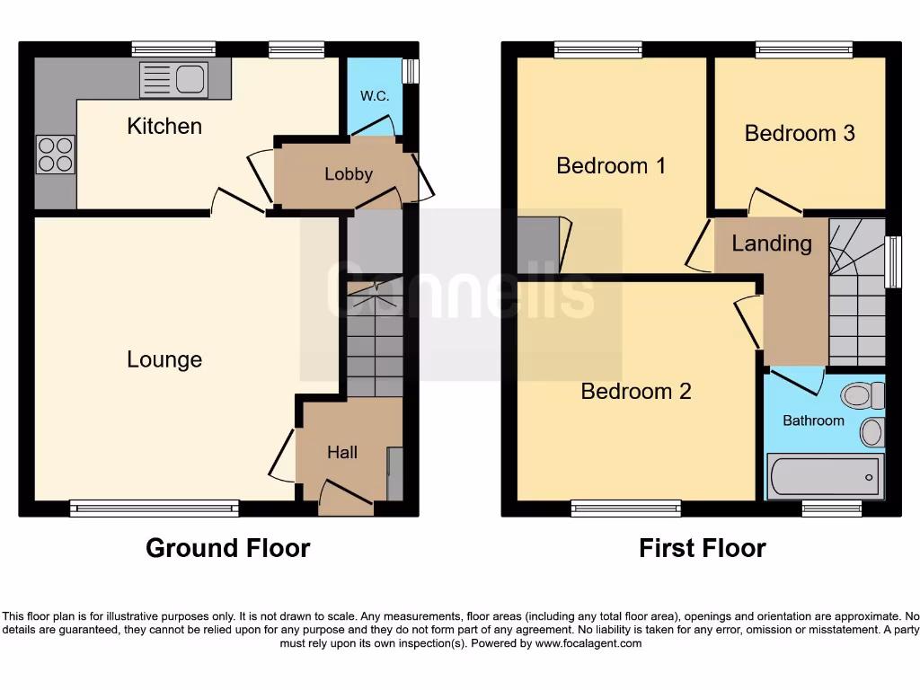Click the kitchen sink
(x=174, y=79)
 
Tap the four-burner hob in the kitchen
(x=55, y=154)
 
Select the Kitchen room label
(x=164, y=126)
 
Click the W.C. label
(x=375, y=96)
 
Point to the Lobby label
(x=349, y=174)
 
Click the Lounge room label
(x=164, y=359)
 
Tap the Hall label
(x=342, y=453)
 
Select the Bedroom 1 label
(x=611, y=165)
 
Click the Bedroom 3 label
(x=800, y=133)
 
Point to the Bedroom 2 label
(x=636, y=391)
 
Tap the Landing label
(x=772, y=243)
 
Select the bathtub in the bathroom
(x=825, y=474)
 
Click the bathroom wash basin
(x=871, y=432)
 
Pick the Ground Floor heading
(x=228, y=548)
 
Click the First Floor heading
(x=703, y=548)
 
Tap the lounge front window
(x=155, y=509)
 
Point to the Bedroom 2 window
(x=626, y=509)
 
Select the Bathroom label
(x=813, y=420)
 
